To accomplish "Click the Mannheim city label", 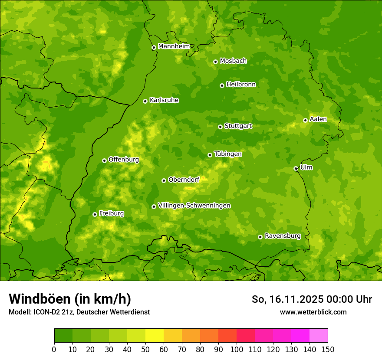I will pos(174,46).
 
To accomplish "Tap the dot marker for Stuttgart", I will pos(220,127).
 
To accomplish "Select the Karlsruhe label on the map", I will pos(164,100).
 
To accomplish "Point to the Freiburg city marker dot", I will pos(95,214).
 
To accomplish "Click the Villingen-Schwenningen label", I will pos(194,206).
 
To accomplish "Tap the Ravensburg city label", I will pos(283,236).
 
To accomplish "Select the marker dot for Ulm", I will pos(296,168).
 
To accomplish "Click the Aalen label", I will pos(318,119).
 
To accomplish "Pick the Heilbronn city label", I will pos(241,85).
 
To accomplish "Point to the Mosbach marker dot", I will pos(215,62).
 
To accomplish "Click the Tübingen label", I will pos(228,154).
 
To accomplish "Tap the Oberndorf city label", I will pos(184,180).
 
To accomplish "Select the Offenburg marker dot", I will pos(104,160).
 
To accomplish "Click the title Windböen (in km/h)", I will pos(69,299).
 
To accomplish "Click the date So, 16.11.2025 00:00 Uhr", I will pos(312,299).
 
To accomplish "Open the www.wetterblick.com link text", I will pos(313,312).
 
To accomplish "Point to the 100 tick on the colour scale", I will pos(237,349).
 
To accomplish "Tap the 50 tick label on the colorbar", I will pos(145,349).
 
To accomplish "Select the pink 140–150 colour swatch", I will pos(319,336).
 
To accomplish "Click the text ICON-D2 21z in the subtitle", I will pos(49,312).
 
